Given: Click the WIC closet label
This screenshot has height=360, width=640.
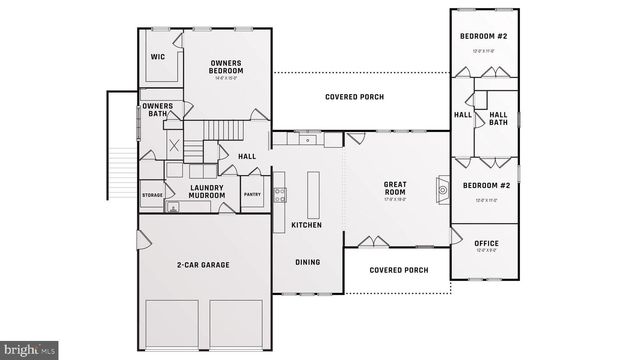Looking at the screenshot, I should pos(157,57).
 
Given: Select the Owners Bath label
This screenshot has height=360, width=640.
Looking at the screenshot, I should pos(157,110).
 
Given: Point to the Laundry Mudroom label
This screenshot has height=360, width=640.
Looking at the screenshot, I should pos(207,191).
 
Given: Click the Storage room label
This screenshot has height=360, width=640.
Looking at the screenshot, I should pos(152,195).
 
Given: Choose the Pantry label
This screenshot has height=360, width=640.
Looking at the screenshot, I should pos(252,195).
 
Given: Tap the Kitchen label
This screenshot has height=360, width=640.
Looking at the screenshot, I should pos(306,225).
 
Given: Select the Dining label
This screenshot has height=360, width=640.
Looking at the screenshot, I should pos(307,262).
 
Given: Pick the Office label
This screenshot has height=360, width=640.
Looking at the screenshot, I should pos(486,243).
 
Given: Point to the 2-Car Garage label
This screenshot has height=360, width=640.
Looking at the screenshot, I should pos(204,265).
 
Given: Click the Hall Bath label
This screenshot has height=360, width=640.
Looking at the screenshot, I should pos(498,119).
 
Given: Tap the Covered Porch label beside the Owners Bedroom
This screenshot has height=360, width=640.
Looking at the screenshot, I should pos(355,97).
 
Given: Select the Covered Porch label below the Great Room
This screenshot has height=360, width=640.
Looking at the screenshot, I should pos(398,270).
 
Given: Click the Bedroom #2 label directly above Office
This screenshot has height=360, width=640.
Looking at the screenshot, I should pos(485,186).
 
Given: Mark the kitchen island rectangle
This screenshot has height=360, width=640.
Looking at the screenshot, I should pos(313,194).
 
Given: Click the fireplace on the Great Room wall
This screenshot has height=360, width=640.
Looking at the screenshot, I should pos(441,187).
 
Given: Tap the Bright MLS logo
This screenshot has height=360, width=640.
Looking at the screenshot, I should pos(30,350).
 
